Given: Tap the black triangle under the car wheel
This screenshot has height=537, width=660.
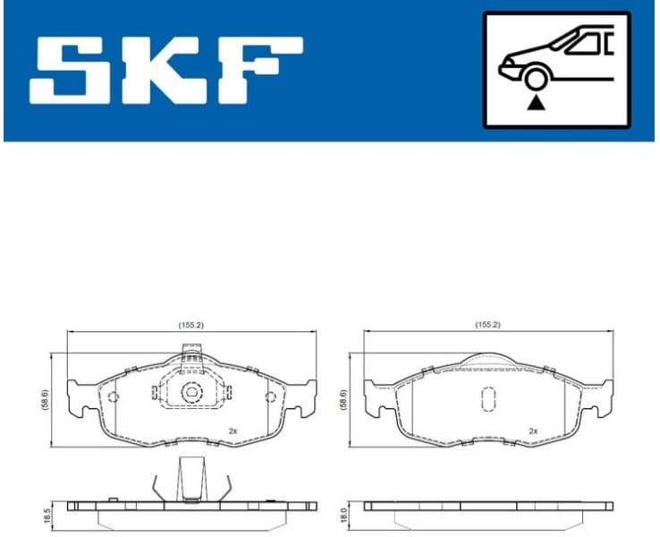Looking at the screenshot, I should point(536,103).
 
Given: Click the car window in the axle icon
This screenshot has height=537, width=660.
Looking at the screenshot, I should point(586,42).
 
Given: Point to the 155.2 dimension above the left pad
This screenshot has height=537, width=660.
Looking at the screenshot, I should point(191,325).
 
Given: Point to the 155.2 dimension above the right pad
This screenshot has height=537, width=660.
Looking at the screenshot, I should point(487,325).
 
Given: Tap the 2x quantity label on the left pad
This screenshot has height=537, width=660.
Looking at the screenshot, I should point(233,430).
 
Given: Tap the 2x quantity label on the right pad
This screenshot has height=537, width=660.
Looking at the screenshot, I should point(533,430).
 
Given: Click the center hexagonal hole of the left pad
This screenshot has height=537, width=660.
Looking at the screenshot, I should point(191,392).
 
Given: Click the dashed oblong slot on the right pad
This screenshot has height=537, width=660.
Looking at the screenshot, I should point(488,398).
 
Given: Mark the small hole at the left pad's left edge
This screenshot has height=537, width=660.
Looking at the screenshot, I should point(113,397).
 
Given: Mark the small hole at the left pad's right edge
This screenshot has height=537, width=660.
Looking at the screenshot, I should point(270,397).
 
